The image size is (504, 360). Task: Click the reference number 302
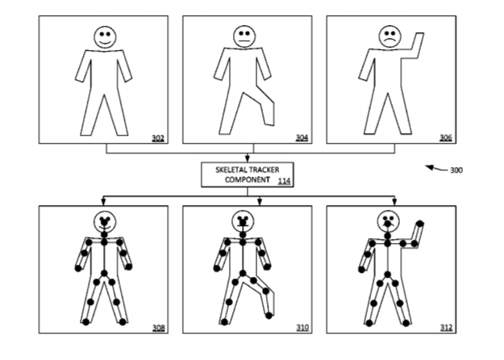click(x=158, y=138)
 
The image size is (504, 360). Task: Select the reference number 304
click(x=302, y=138)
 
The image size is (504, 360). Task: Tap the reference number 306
click(x=446, y=138)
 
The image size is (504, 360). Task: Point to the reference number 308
click(x=159, y=328)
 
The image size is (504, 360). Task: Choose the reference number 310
click(x=302, y=328)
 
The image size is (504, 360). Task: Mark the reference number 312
click(x=446, y=328)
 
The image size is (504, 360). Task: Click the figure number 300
click(x=456, y=170)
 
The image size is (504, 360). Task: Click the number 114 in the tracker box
click(x=285, y=181)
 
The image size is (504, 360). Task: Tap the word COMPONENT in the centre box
click(x=248, y=179)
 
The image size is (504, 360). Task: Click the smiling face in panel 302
click(x=105, y=37)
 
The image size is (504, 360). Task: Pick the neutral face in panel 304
click(x=244, y=36)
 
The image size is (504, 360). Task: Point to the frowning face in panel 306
click(x=389, y=36)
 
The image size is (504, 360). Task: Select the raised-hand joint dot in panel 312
click(x=420, y=224)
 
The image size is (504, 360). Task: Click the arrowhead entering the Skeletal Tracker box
click(x=248, y=158)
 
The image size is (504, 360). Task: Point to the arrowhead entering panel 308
click(x=103, y=202)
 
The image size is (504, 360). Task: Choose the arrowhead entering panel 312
click(x=394, y=202)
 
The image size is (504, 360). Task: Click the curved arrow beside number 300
click(x=436, y=169)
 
